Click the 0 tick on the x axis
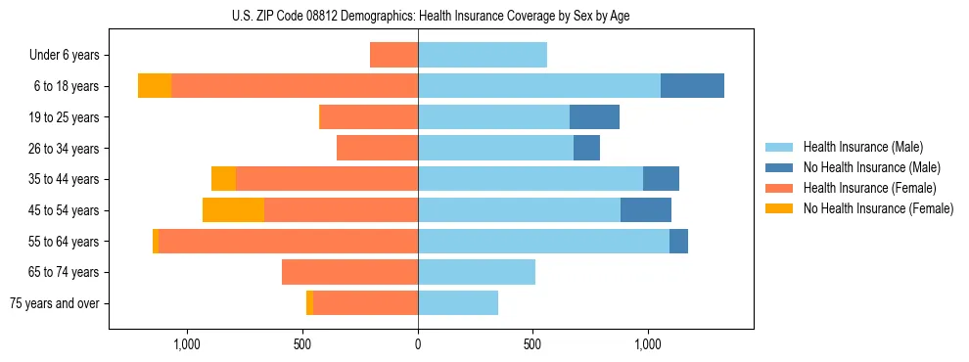pos(418,344)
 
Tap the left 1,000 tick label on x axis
pos(186,344)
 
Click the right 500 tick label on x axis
pos(532,344)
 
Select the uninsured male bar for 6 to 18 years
pos(692,86)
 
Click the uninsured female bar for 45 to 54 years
pos(233,210)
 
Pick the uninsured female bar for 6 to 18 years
pos(155,86)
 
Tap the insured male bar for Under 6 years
pos(483,56)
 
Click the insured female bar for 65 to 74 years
pos(349,272)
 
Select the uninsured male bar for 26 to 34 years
pos(586,149)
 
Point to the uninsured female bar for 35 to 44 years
pos(223,179)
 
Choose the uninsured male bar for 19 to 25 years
pos(594,117)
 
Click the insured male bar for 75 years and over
pos(458,303)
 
